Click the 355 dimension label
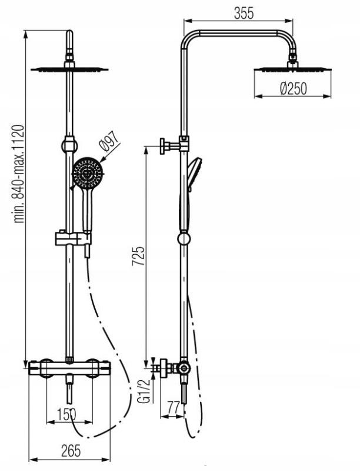[244, 14]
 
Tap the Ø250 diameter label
[293, 89]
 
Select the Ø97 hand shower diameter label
[109, 141]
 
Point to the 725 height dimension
[138, 256]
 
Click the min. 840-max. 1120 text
[19, 174]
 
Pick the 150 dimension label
[66, 414]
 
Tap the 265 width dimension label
[71, 451]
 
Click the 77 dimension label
[174, 408]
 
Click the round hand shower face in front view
[88, 173]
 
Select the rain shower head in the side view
[292, 68]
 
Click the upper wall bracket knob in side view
[163, 147]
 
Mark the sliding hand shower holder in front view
[73, 239]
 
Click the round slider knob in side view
[184, 239]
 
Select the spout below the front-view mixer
[69, 388]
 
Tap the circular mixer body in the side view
[183, 368]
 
